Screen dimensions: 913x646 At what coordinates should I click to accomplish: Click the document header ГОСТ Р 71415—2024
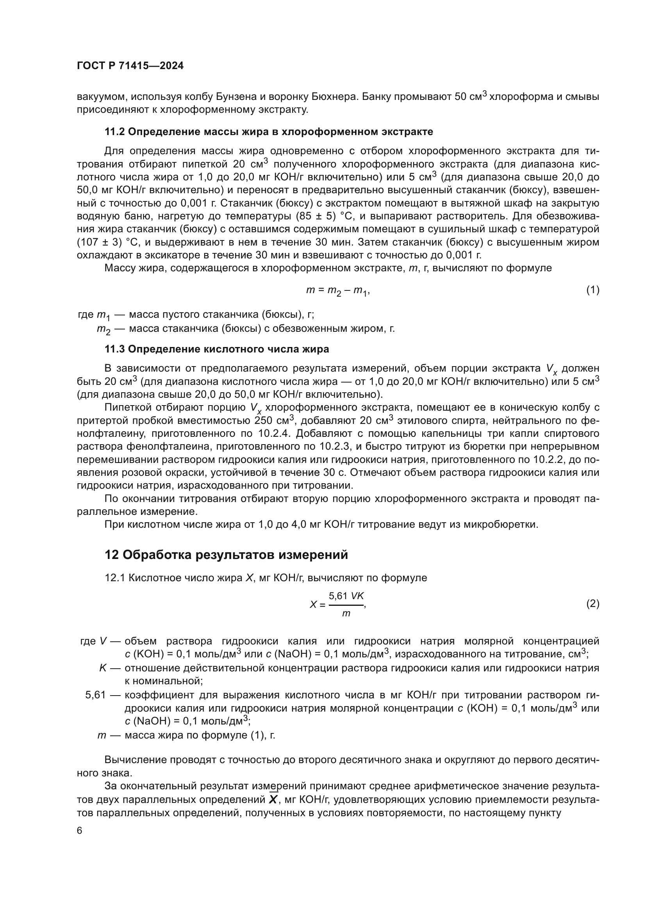130,66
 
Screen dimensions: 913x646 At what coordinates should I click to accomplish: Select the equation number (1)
592,290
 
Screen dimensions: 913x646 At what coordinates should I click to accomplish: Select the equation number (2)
592,604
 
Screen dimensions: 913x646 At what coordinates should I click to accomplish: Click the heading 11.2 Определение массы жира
268,132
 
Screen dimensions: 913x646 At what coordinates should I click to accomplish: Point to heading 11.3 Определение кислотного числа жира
217,349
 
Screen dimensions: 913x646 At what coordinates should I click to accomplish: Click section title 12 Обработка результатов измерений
226,554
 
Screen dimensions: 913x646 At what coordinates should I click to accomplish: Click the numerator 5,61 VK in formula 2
346,596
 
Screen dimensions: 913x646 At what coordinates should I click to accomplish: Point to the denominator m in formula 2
346,614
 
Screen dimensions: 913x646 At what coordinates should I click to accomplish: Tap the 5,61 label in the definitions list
95,695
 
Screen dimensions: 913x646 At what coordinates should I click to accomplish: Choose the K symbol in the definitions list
103,667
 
